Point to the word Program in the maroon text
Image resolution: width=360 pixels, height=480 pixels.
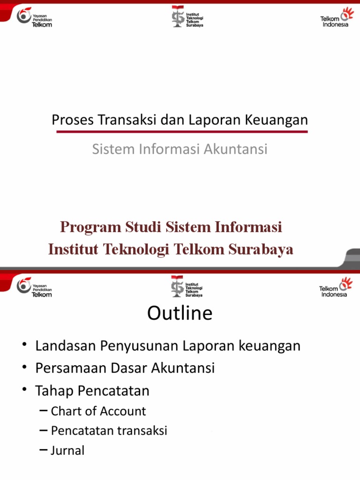click(90, 228)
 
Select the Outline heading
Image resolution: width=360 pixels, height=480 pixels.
click(180, 313)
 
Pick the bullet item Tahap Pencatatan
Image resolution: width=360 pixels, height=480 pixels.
click(92, 390)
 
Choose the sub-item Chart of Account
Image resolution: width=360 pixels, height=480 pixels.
click(98, 411)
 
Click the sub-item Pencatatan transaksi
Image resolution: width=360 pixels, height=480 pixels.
click(109, 431)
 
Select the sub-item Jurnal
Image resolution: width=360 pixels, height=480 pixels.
click(67, 450)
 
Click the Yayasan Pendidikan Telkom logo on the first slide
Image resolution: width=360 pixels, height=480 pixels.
click(34, 17)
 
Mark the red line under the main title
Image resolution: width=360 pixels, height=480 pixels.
click(182, 132)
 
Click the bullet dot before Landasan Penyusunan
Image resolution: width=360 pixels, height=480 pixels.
click(24, 347)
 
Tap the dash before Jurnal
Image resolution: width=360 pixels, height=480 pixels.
click(44, 450)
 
